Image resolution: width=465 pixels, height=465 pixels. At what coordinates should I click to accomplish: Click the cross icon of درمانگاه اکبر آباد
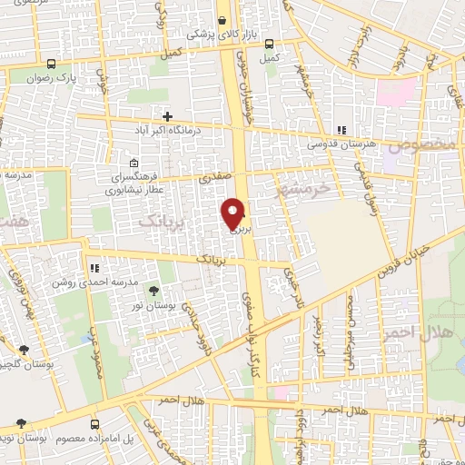(168, 115)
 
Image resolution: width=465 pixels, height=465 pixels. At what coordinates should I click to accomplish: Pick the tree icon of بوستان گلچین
(24, 349)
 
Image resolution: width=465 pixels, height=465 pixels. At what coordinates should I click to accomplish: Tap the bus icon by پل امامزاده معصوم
(94, 424)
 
